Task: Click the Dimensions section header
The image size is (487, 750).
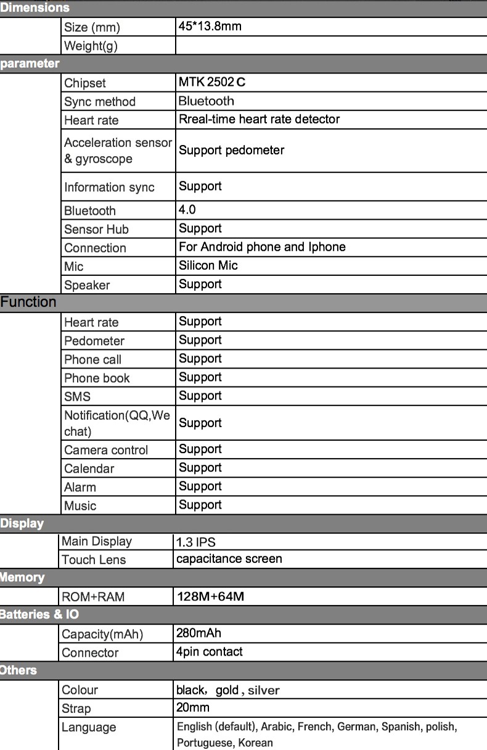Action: pyautogui.click(x=35, y=8)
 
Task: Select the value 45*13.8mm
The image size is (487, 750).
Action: pyautogui.click(x=210, y=27)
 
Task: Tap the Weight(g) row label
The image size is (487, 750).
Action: pyautogui.click(x=91, y=46)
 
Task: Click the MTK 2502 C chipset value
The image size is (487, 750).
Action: pyautogui.click(x=212, y=82)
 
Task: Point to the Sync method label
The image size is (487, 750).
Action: pyautogui.click(x=99, y=102)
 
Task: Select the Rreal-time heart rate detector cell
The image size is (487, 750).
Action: pyautogui.click(x=259, y=119)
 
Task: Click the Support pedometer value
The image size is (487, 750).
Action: pyautogui.click(x=231, y=150)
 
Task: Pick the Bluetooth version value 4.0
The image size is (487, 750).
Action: pyautogui.click(x=187, y=210)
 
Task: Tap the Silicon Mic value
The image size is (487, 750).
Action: pyautogui.click(x=208, y=265)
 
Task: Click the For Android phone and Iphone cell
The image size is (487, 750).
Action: pyautogui.click(x=262, y=247)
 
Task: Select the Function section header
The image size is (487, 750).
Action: pyautogui.click(x=28, y=302)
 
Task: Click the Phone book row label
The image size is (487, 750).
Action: pyautogui.click(x=97, y=378)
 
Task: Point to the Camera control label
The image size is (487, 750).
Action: pyautogui.click(x=106, y=450)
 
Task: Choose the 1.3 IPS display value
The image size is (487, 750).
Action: pyautogui.click(x=196, y=543)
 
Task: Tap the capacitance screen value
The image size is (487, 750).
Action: pyautogui.click(x=229, y=559)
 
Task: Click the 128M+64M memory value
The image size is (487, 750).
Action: pyautogui.click(x=210, y=596)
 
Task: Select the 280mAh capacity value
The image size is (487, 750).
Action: pyautogui.click(x=198, y=633)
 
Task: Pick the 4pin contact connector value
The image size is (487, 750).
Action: pyautogui.click(x=209, y=652)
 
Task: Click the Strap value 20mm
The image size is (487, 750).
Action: pyautogui.click(x=193, y=707)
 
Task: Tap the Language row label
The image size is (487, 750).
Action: pyautogui.click(x=89, y=727)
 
